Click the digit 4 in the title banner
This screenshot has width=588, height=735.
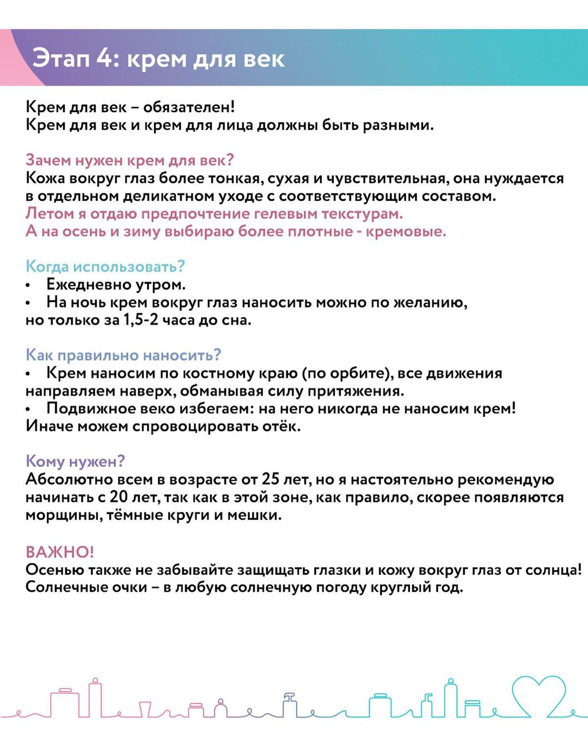click(105, 58)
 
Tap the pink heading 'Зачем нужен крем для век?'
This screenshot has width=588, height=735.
click(130, 160)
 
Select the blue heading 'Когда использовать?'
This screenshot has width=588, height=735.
click(105, 266)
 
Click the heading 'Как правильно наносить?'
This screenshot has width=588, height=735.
click(123, 355)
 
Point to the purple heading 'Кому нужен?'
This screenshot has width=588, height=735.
click(75, 461)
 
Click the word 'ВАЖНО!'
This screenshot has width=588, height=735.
click(60, 552)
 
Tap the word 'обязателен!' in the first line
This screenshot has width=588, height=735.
click(189, 107)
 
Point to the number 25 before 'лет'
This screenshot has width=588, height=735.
click(271, 479)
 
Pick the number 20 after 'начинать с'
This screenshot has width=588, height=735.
click(119, 497)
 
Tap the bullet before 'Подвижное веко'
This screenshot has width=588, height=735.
click(28, 409)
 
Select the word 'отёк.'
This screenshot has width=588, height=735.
click(281, 426)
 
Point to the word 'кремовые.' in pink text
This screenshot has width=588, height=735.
click(406, 231)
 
